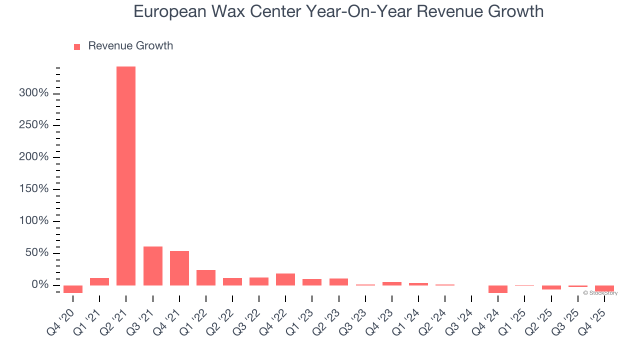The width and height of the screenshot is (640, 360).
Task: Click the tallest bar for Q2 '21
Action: click(126, 175)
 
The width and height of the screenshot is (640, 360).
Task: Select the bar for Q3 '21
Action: click(152, 265)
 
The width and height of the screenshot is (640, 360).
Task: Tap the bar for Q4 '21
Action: click(179, 268)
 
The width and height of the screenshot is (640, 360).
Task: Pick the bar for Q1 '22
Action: click(205, 277)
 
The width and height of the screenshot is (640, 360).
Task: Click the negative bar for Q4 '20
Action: click(73, 289)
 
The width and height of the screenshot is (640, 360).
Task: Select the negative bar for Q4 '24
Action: click(497, 289)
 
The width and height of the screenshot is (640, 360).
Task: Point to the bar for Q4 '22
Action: click(285, 279)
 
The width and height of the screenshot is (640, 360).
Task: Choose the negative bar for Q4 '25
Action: click(604, 288)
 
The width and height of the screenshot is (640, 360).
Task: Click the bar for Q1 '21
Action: click(99, 281)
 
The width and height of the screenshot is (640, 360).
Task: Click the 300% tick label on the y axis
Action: click(33, 93)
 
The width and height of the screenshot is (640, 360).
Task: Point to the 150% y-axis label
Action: click(33, 189)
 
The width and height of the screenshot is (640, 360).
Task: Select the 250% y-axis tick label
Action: click(33, 125)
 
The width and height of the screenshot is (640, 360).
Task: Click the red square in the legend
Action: click(77, 47)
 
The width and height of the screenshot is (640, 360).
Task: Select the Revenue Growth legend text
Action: click(130, 46)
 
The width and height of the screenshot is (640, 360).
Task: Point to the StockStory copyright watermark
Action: click(600, 293)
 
